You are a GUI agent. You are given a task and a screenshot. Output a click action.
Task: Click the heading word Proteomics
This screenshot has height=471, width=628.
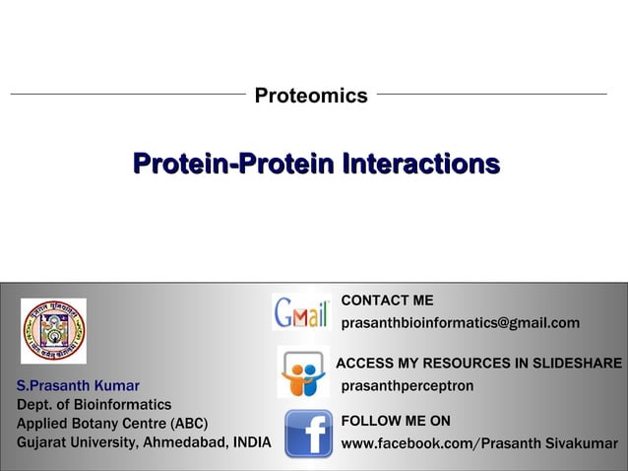311,96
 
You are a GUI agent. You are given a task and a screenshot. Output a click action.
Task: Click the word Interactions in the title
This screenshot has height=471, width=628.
421,164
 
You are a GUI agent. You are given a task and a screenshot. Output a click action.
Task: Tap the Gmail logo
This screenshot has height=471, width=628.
301,312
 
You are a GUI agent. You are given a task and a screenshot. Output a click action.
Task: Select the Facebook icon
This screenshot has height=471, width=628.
308,434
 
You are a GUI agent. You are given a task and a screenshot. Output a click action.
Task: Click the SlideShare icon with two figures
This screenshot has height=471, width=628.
303,372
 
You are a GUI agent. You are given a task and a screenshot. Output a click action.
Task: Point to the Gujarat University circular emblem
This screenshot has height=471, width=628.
54,331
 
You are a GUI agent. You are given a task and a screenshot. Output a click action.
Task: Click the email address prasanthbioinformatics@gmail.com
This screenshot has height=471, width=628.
461,323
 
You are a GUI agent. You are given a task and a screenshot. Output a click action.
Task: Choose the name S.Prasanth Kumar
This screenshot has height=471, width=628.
78,385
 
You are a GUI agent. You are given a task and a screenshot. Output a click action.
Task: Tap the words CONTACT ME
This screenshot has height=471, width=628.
387,301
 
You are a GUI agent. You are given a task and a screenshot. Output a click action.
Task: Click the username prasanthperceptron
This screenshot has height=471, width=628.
408,386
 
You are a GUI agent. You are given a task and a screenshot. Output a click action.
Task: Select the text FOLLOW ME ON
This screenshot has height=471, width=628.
396,421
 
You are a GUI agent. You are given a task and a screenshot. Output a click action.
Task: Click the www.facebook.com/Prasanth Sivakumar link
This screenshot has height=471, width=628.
479,443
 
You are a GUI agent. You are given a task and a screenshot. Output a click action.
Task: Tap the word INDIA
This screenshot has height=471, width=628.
252,442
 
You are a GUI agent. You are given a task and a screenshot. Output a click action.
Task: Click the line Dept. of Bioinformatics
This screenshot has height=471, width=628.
94,405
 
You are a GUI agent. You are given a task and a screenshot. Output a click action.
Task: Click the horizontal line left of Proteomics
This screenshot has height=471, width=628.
128,95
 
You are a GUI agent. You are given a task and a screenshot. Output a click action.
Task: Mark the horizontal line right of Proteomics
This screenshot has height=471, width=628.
492,95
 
